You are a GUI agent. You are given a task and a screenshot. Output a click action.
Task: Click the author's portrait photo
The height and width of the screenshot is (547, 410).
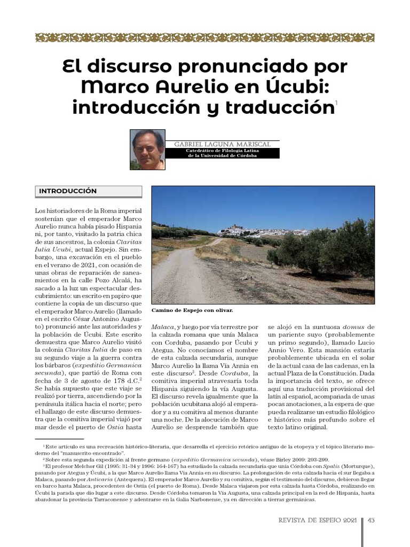148,149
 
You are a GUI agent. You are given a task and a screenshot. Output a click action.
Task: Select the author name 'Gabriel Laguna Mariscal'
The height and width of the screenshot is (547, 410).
222,144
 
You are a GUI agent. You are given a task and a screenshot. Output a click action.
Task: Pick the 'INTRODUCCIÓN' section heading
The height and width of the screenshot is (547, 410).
68,191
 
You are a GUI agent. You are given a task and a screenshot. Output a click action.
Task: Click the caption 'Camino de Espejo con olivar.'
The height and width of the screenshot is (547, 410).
192,310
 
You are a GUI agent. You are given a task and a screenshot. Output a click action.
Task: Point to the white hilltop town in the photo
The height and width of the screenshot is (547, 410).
251,231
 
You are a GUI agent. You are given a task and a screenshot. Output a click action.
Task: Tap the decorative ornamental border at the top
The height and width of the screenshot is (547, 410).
205,37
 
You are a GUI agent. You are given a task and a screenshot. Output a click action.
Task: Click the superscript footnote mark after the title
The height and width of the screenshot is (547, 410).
336,101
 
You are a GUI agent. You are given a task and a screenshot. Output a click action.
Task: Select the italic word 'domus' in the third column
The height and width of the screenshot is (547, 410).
353,326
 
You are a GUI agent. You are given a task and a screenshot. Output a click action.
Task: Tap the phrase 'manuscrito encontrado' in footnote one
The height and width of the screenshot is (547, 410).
88,452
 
